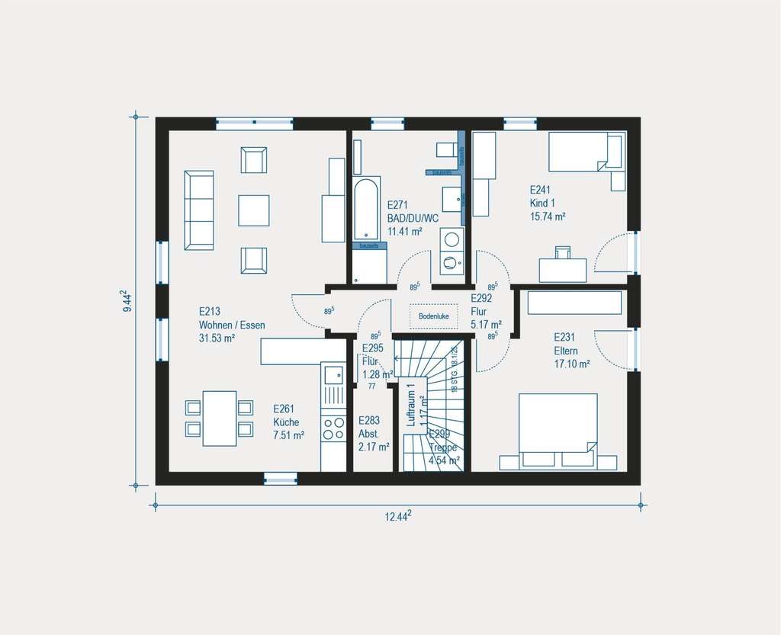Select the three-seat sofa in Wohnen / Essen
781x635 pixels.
(199, 210)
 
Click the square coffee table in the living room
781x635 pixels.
(254, 210)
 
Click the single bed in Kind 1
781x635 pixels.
(587, 153)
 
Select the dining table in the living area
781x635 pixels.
(219, 419)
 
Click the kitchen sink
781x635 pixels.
(333, 374)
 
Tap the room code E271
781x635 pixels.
(399, 205)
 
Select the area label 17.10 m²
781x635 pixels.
(572, 364)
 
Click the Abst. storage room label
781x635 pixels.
(368, 434)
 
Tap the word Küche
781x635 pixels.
(286, 422)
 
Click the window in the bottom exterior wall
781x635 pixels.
(280, 478)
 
